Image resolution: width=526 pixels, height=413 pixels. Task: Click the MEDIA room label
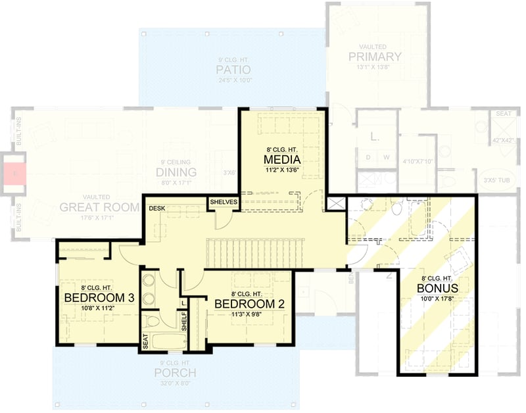pos(282,160)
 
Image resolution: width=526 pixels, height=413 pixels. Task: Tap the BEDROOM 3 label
pos(99,298)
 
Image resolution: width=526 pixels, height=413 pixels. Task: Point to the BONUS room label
pos(437,288)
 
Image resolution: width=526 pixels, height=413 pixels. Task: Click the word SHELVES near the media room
pos(224,202)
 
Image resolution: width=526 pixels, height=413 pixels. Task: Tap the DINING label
pos(172,172)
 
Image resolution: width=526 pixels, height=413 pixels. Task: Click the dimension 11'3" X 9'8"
pos(249,314)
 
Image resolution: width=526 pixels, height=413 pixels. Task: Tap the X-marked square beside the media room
pos(335,203)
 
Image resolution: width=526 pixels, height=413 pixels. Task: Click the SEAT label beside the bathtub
pos(145,341)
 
